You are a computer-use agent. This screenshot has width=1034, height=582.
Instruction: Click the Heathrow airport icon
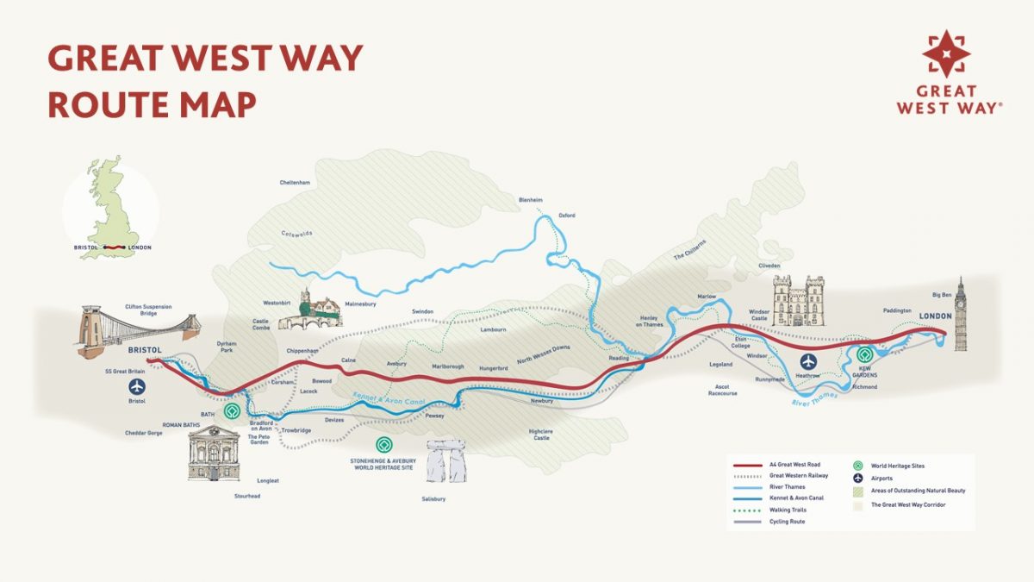[808, 361]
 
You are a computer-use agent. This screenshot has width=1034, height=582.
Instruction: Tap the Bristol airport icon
[137, 386]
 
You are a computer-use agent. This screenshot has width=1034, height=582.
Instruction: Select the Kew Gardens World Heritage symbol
[865, 354]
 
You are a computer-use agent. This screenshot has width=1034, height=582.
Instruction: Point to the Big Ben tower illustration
[960, 318]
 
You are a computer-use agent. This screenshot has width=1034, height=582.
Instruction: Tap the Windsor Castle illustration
[799, 301]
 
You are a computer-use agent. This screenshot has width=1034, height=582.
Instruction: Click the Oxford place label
[566, 215]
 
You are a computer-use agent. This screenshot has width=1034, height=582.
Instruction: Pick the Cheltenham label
[295, 183]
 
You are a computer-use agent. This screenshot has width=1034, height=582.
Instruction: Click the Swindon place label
[422, 311]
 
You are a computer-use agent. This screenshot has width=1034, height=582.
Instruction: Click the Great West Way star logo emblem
[946, 53]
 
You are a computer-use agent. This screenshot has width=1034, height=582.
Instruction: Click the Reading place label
[619, 358]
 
